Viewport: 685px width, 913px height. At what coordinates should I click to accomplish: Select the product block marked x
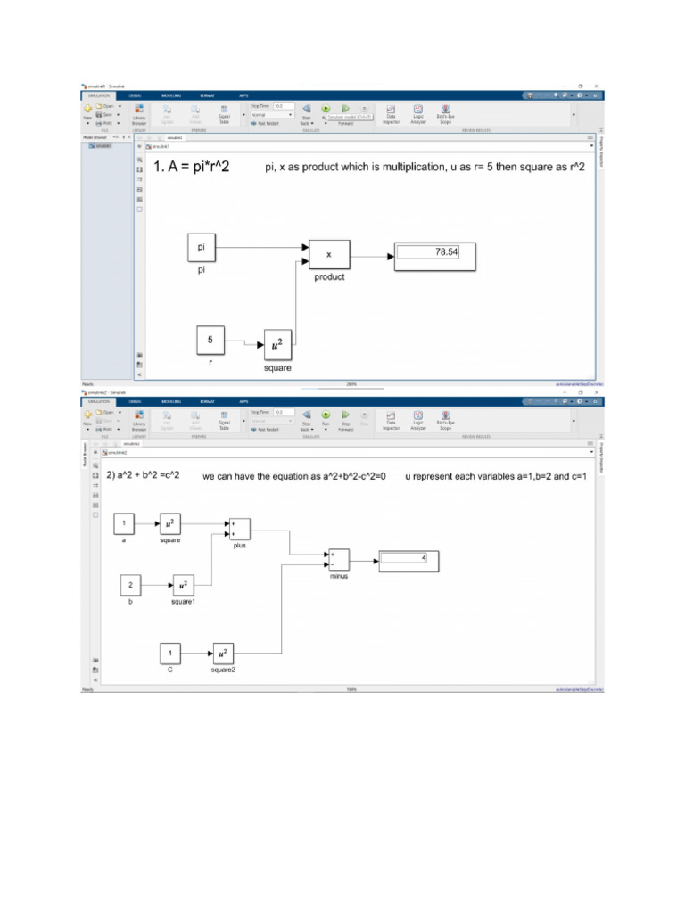[328, 254]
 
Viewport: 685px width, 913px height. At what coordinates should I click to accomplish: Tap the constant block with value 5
[210, 339]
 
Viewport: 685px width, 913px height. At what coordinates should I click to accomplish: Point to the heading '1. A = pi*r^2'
[191, 167]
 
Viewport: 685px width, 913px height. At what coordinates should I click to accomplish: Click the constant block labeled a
[125, 523]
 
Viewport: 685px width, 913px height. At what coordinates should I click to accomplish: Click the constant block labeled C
[170, 653]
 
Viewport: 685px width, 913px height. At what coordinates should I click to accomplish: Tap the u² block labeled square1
[183, 585]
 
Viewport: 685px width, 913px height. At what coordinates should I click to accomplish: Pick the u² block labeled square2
[223, 653]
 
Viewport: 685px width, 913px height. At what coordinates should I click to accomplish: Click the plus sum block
[239, 529]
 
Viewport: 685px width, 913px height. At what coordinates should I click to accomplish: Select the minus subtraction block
[339, 559]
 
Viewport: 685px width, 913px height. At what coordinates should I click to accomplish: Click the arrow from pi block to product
[263, 248]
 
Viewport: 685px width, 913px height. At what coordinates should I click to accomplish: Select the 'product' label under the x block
[328, 276]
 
